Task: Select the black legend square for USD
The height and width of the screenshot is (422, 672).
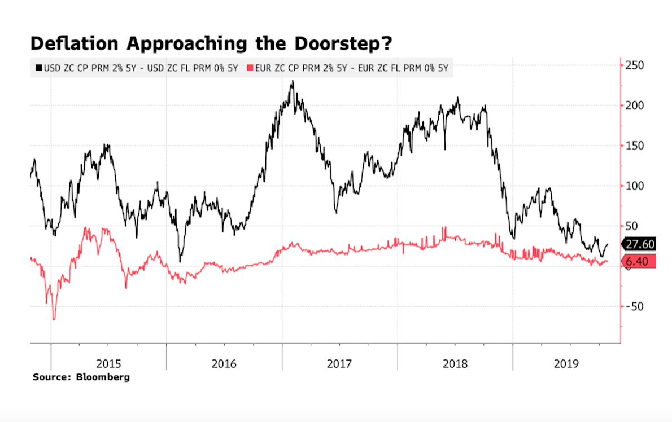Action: point(38,68)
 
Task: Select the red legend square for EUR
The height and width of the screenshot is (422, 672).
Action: point(251,68)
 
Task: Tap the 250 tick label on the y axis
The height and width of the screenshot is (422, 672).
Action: point(635,65)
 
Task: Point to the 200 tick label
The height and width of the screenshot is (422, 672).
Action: point(635,105)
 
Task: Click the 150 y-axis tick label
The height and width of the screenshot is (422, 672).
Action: point(635,146)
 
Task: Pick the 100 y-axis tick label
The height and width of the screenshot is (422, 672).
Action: point(635,186)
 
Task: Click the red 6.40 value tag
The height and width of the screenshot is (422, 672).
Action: point(639,261)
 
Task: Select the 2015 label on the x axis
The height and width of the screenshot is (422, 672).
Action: point(108,364)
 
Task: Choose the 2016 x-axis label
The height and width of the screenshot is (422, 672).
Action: point(224,364)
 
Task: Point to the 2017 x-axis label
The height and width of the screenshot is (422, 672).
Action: point(339,364)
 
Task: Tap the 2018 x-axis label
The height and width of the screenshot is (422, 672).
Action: point(455,364)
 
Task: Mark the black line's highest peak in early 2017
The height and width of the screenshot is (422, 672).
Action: point(292,81)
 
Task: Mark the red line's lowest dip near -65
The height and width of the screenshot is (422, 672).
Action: point(54,319)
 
